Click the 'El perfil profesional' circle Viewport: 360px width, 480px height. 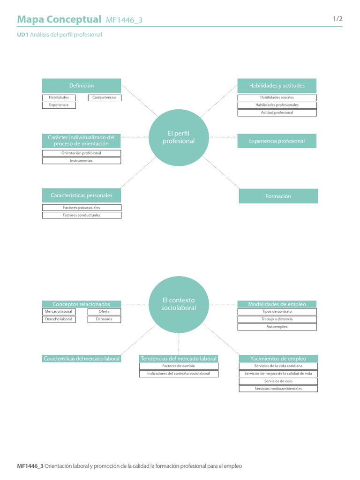click(x=179, y=137)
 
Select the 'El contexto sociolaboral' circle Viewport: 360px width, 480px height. click(x=179, y=304)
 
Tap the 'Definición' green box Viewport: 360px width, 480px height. click(x=82, y=86)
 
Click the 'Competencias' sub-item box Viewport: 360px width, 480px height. click(x=105, y=97)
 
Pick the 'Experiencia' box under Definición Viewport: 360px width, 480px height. click(x=59, y=105)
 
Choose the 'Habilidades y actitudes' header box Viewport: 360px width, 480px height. click(x=277, y=86)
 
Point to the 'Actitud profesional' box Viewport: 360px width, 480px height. click(x=277, y=112)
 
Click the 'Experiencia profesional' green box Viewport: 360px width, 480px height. click(x=277, y=141)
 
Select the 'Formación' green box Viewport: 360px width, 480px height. click(x=278, y=196)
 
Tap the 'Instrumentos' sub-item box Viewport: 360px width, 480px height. click(x=82, y=161)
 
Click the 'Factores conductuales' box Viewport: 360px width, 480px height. click(x=82, y=215)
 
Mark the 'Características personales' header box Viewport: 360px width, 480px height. click(x=82, y=195)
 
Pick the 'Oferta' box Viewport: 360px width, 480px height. click(x=104, y=312)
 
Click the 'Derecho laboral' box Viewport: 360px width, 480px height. click(x=59, y=319)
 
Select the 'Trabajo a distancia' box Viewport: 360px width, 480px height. click(x=277, y=319)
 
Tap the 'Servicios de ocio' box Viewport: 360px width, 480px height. click(x=278, y=381)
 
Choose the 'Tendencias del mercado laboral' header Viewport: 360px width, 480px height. click(x=179, y=359)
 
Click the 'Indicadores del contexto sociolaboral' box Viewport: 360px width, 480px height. click(x=179, y=374)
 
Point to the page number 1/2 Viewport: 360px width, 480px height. click(x=337, y=19)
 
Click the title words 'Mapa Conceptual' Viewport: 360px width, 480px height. click(x=59, y=19)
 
